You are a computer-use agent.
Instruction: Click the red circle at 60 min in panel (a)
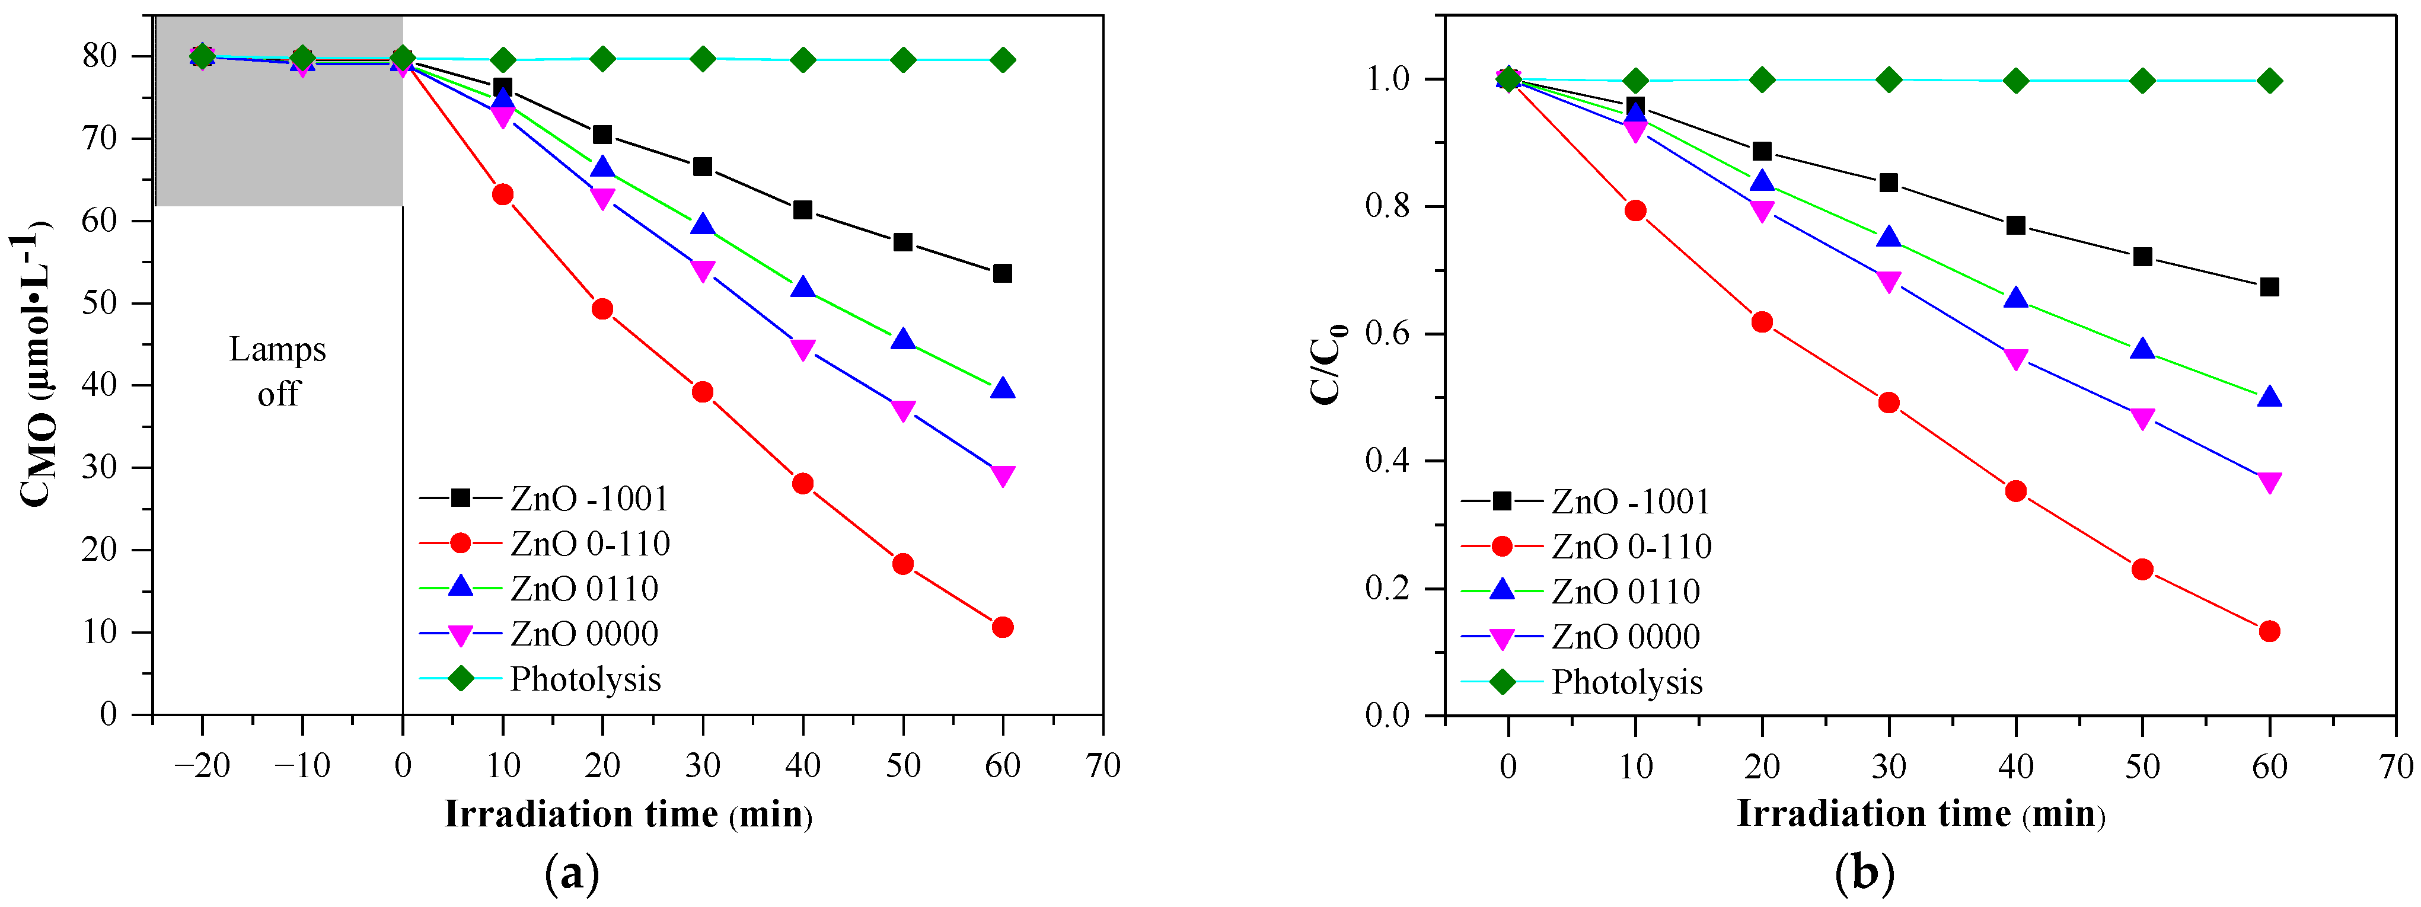pyautogui.click(x=1002, y=627)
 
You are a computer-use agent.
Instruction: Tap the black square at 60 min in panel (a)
pyautogui.click(x=1002, y=273)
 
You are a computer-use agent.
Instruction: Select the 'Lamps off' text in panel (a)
pyautogui.click(x=278, y=371)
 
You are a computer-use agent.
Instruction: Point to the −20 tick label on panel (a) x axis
pyautogui.click(x=202, y=766)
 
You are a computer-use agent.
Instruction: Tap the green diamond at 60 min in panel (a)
pyautogui.click(x=1002, y=60)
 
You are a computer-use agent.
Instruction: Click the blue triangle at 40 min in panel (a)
pyautogui.click(x=803, y=288)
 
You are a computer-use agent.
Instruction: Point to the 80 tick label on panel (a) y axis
pyautogui.click(x=100, y=56)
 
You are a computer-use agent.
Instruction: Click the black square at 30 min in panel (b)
pyautogui.click(x=1888, y=183)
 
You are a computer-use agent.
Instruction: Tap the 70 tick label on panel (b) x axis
pyautogui.click(x=2395, y=767)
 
